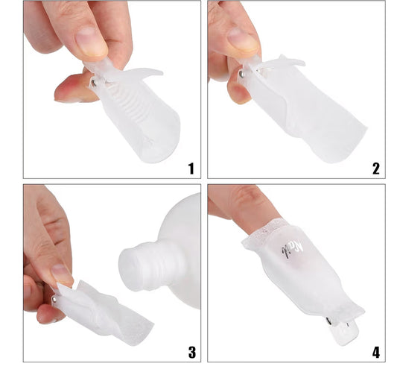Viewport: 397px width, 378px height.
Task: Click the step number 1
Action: point(190,168)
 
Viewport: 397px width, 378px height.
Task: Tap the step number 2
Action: point(375,168)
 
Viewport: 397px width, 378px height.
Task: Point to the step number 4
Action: point(375,351)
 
